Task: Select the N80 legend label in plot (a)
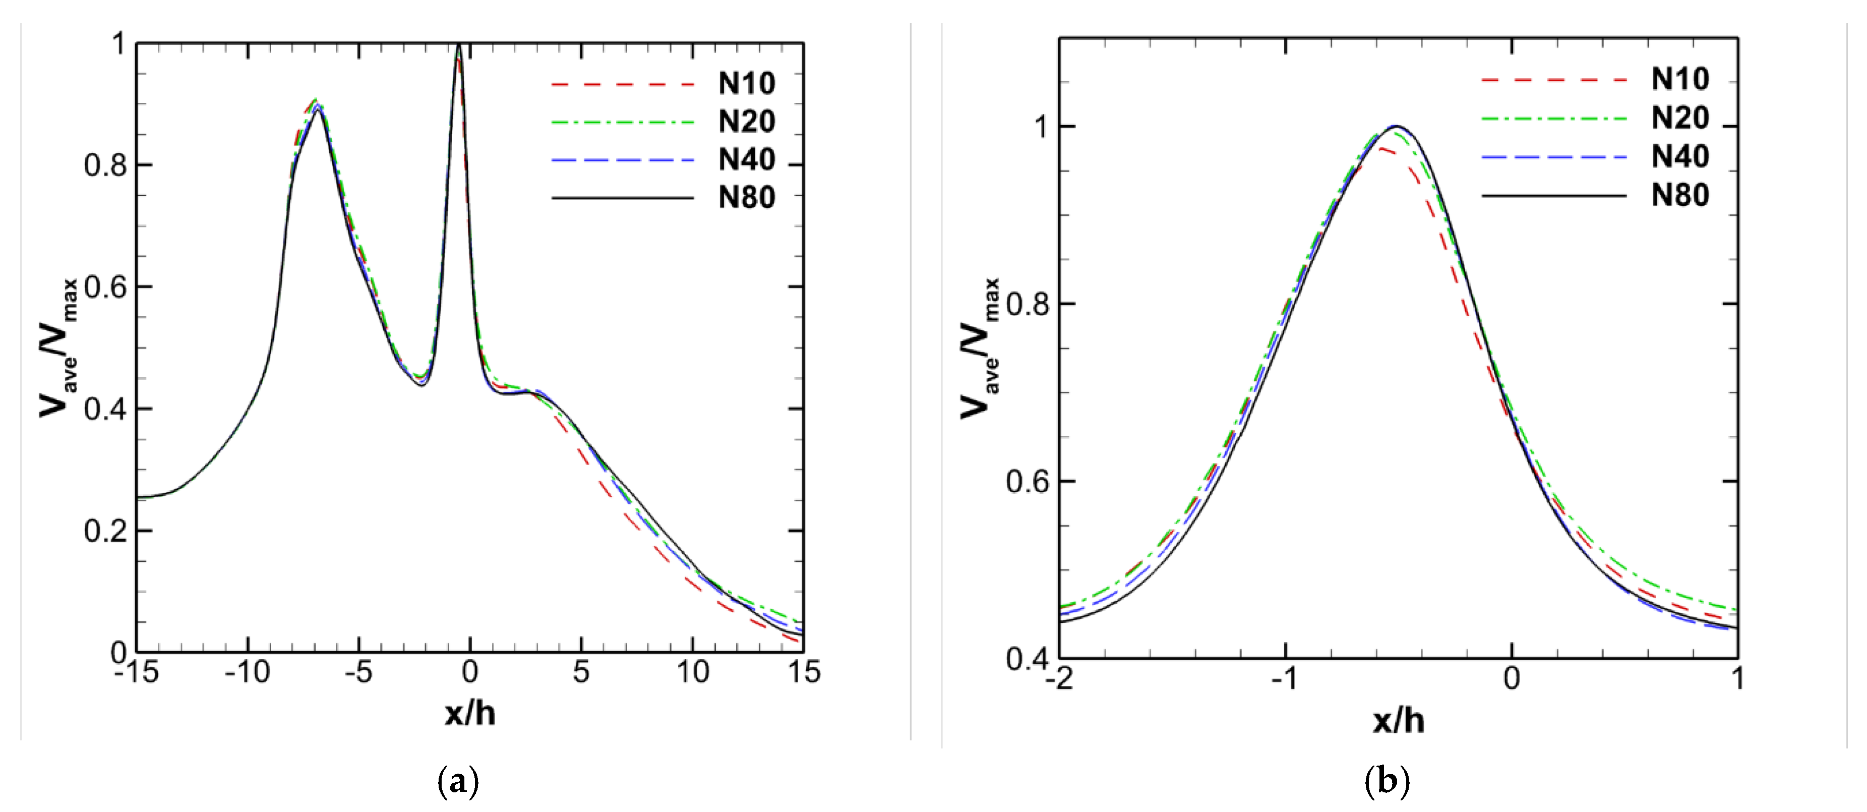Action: point(747,197)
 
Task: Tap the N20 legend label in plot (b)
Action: point(1680,118)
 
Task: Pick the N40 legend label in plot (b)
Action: point(1680,156)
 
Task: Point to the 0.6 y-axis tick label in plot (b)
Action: point(1027,481)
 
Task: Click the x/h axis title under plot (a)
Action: point(470,714)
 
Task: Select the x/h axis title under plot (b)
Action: point(1398,721)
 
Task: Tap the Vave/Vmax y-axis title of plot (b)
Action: point(980,348)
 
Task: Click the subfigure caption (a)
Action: point(459,782)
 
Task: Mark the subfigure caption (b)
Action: point(1387,782)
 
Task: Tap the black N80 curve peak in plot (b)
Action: point(1397,126)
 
